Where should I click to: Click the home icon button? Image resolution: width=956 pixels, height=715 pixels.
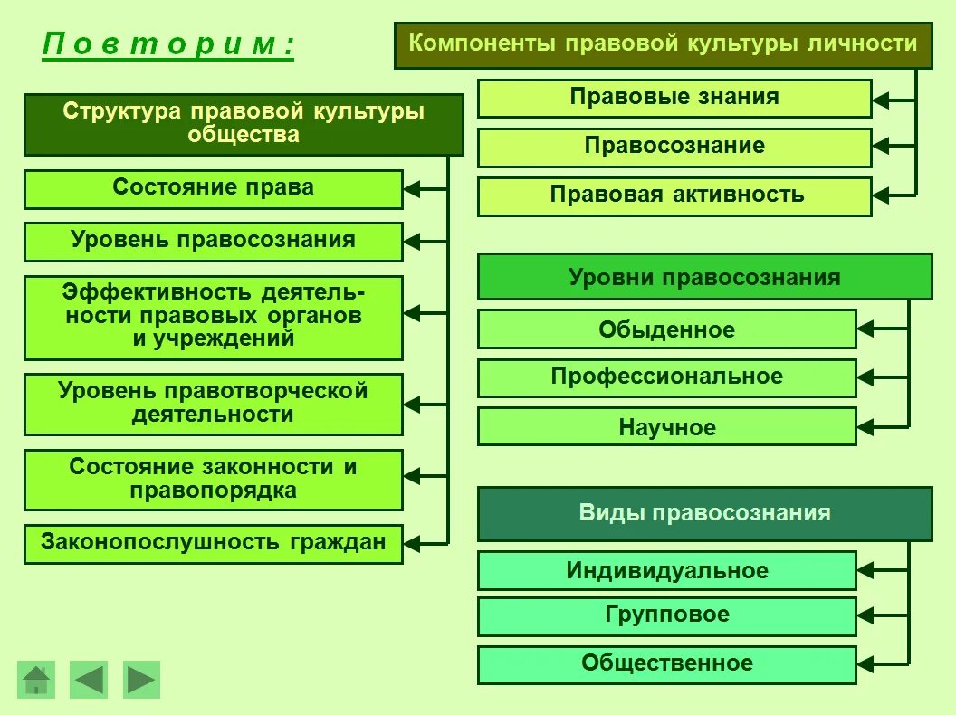36,680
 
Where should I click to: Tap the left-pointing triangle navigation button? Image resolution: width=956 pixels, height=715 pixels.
89,680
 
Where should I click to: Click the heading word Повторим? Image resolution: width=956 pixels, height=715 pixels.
168,44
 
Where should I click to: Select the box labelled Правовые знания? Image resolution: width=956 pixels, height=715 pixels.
674,98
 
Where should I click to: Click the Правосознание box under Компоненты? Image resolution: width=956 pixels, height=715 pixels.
674,147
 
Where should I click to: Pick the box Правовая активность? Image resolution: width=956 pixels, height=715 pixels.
674,195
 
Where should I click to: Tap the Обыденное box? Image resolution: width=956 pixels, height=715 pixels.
666,329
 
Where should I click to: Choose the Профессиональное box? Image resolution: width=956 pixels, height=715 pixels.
666,377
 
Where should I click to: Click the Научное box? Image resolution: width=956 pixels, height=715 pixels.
666,426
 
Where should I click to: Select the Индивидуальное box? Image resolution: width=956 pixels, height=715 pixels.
666,571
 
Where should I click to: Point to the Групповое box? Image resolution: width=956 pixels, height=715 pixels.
666,615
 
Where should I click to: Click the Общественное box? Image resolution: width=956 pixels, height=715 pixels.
666,663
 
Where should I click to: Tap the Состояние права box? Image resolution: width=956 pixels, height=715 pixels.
213,188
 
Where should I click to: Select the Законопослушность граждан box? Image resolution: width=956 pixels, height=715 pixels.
213,543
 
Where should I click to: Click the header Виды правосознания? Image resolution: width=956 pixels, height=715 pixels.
704,513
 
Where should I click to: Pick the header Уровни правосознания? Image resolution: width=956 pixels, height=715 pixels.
704,277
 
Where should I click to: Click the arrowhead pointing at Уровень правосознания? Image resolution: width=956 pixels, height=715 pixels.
412,243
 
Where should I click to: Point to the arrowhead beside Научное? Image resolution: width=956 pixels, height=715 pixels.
865,426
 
